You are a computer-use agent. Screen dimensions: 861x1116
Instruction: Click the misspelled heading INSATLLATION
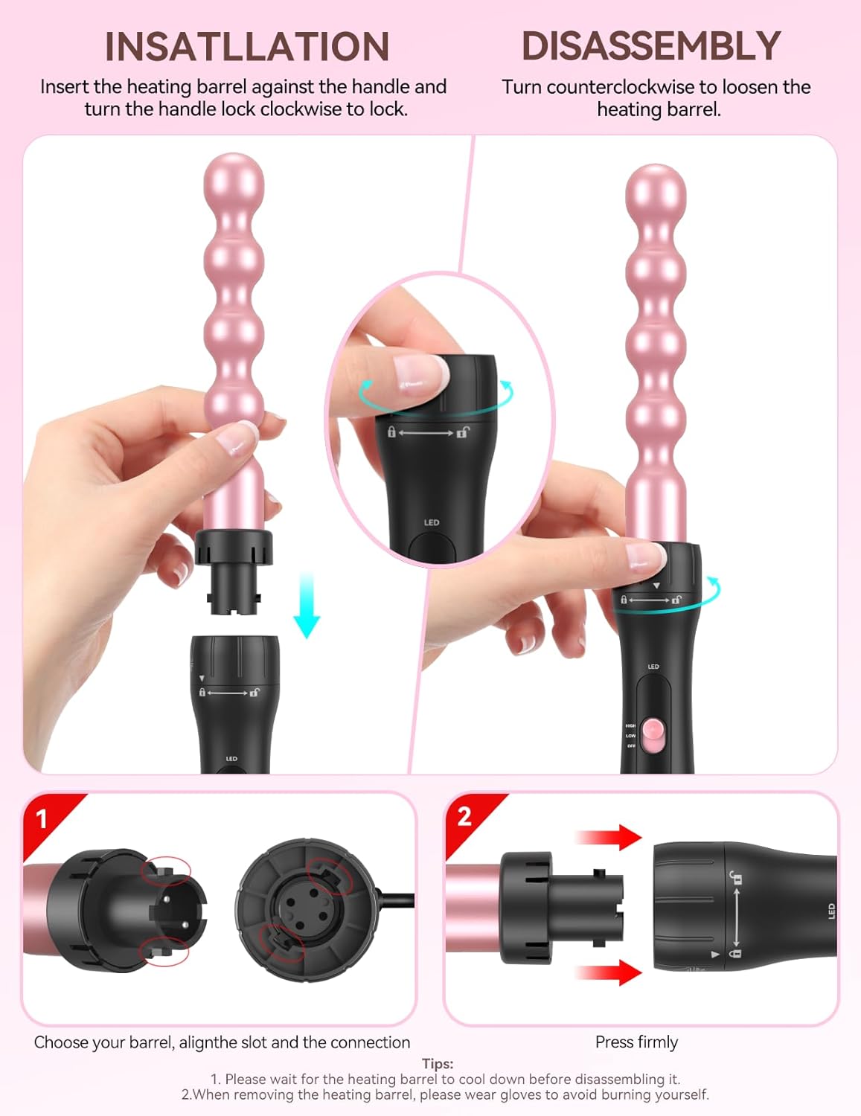[246, 47]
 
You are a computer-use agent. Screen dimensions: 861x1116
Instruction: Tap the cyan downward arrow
[307, 606]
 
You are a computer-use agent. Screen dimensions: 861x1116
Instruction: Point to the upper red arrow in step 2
[609, 838]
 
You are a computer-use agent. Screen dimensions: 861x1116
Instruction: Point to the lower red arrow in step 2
[609, 972]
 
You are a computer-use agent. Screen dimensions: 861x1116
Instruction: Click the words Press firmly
[636, 1042]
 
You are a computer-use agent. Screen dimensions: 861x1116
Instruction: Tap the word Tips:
[438, 1064]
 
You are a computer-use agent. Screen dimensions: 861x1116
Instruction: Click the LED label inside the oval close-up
[432, 522]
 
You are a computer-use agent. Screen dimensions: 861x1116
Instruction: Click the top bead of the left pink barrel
[234, 184]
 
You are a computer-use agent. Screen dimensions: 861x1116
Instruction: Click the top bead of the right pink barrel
[656, 195]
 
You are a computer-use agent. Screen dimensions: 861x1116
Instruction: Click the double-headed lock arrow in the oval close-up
[426, 433]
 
